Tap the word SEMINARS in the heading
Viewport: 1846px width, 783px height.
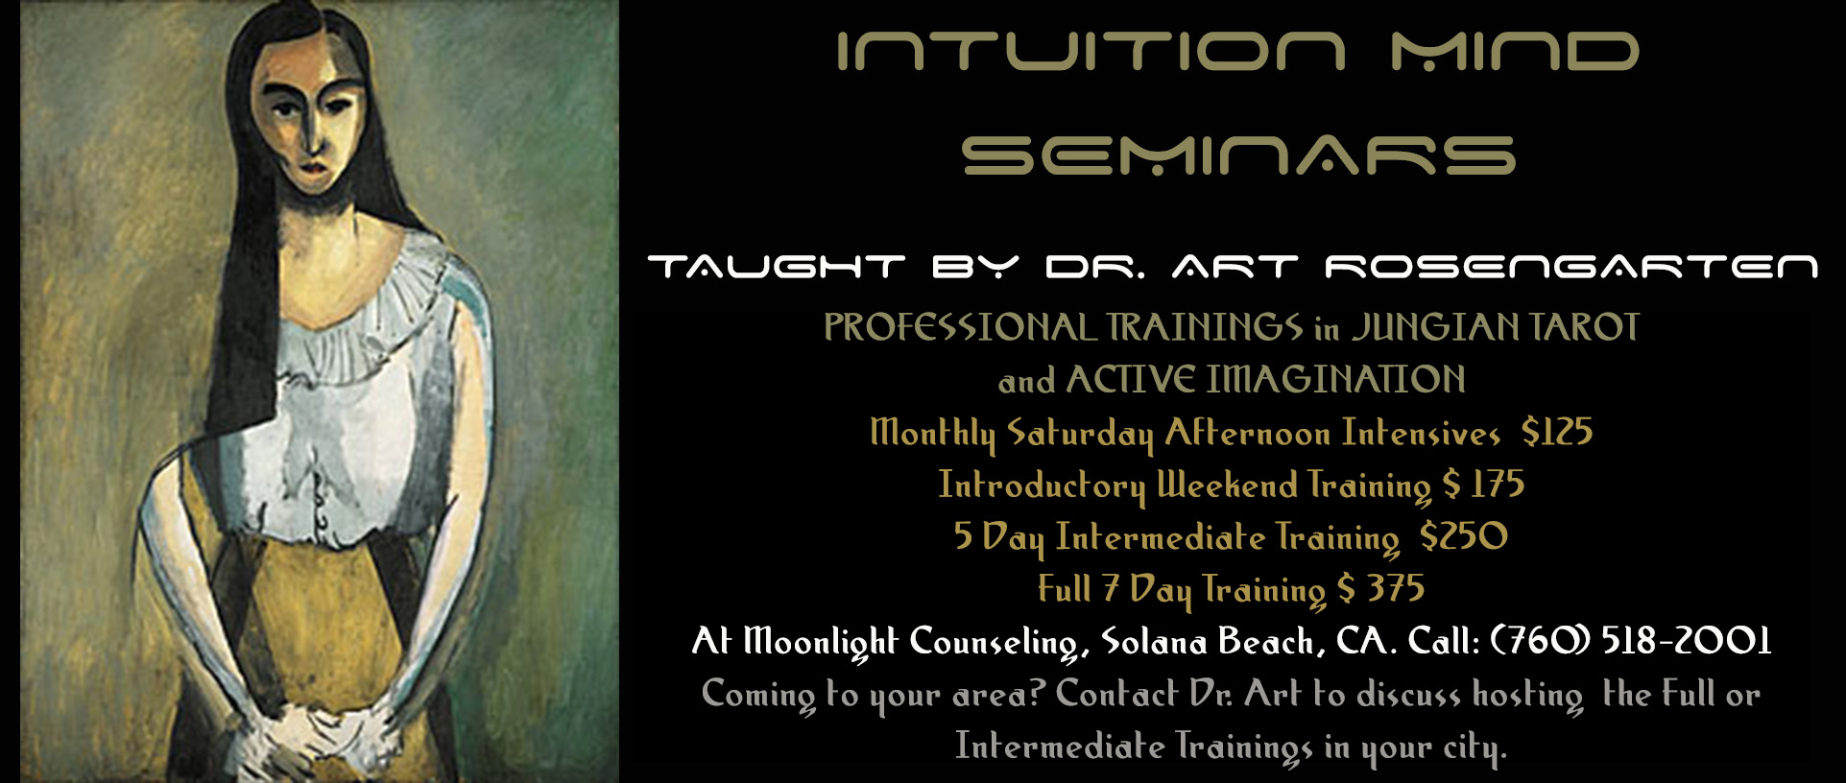point(1238,154)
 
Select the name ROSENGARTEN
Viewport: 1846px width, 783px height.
point(1571,266)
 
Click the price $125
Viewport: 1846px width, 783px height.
point(1557,432)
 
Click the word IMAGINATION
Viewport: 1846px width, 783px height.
point(1335,380)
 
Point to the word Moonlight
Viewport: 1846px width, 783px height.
point(821,641)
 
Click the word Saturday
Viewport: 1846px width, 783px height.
point(1080,434)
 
